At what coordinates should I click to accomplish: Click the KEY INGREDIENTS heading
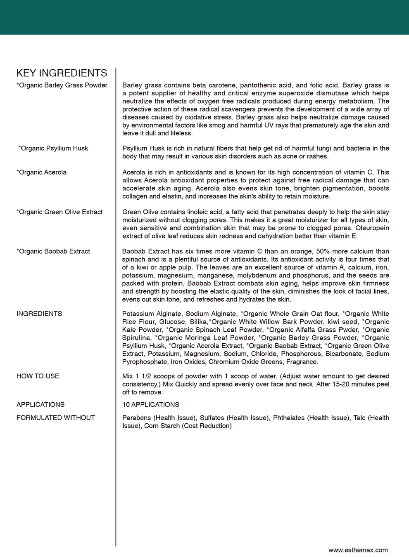click(x=62, y=73)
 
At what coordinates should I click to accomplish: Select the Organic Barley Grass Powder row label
click(x=62, y=85)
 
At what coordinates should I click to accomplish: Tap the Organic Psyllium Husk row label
click(x=53, y=149)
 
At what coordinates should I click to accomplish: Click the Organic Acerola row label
click(x=41, y=172)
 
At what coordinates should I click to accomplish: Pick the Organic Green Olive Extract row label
click(x=59, y=212)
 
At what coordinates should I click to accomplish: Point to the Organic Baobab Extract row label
click(x=53, y=252)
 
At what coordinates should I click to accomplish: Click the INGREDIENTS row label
click(x=39, y=314)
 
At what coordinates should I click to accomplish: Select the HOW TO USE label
click(x=38, y=376)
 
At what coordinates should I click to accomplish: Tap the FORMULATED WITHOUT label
click(x=56, y=418)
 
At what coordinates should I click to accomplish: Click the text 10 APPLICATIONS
click(x=151, y=405)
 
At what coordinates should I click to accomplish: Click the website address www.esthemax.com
click(x=358, y=550)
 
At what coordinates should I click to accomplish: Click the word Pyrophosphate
click(x=145, y=362)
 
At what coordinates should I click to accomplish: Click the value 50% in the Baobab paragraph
click(x=323, y=252)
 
